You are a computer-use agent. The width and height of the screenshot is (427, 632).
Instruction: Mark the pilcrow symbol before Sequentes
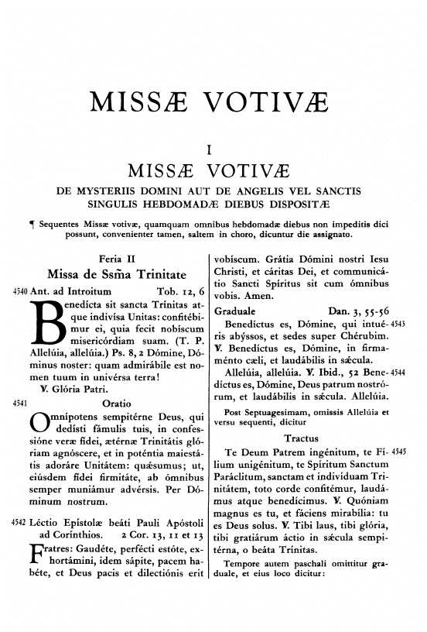pos(30,234)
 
